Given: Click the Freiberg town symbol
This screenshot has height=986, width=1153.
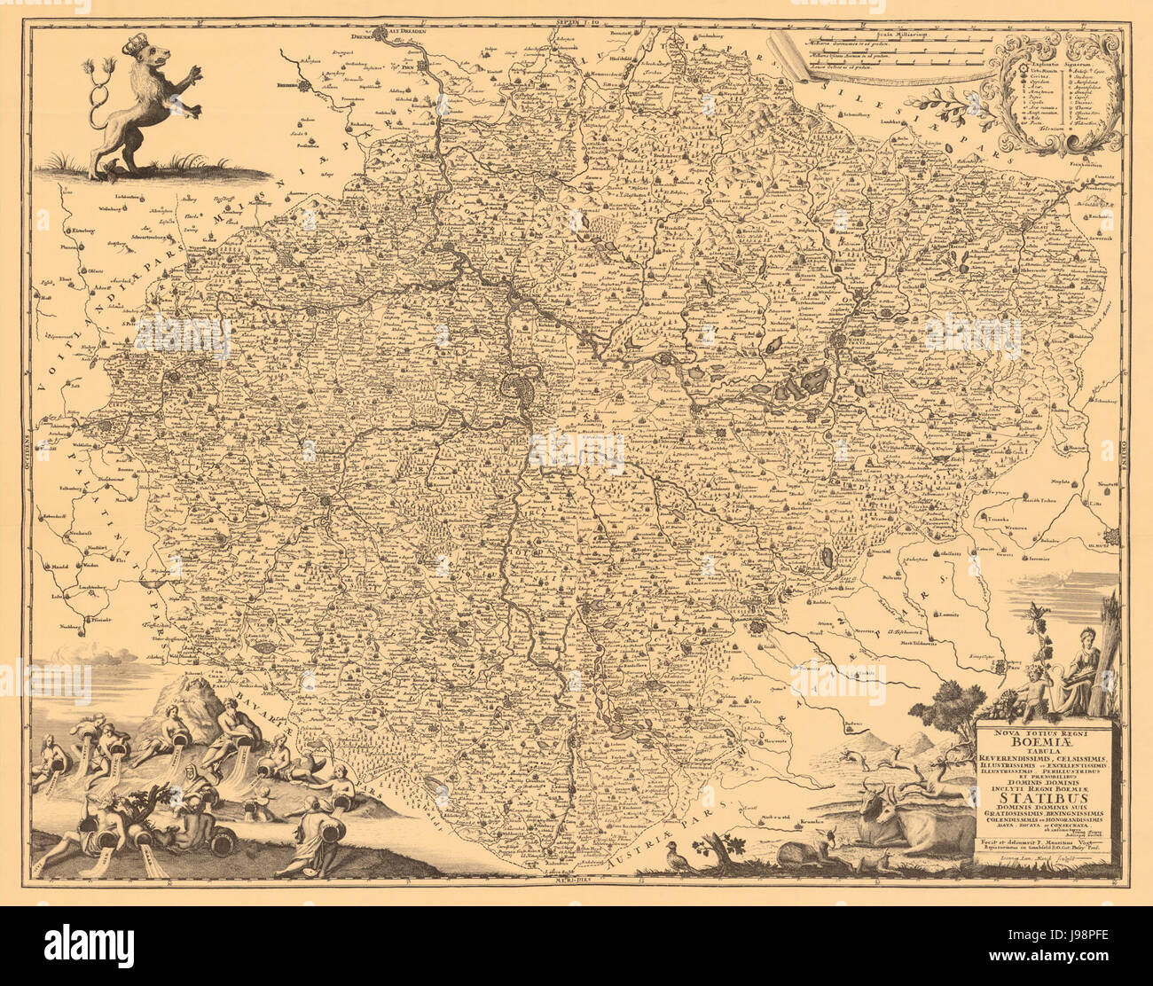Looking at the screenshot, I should [x=303, y=86].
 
